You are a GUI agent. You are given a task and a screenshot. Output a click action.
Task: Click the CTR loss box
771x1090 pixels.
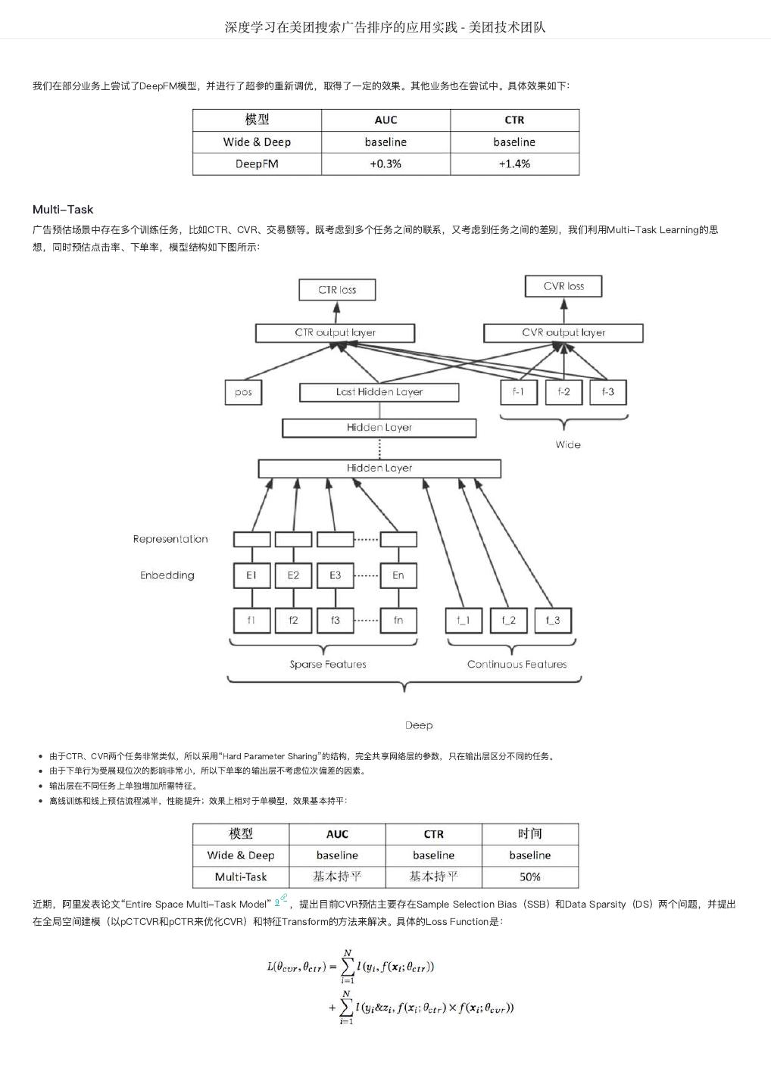tap(337, 290)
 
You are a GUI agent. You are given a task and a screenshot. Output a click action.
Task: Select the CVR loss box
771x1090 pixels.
tap(563, 286)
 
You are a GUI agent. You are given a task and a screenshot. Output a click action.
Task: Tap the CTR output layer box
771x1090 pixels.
tap(335, 332)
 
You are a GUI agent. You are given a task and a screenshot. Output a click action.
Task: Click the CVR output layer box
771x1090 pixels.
tap(563, 332)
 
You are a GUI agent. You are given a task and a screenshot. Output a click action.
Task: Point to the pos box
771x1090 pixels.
tap(243, 392)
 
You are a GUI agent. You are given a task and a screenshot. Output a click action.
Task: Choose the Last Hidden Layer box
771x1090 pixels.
tap(379, 392)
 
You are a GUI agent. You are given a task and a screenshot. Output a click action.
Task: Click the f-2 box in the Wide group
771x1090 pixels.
tap(563, 392)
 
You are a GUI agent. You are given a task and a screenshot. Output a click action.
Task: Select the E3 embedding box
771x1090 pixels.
tap(335, 575)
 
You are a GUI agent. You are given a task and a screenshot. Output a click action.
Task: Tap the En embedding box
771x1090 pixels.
tap(398, 575)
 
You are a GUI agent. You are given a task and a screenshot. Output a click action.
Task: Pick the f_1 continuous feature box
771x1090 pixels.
tap(464, 620)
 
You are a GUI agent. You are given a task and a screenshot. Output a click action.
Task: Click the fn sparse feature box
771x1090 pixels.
tap(398, 620)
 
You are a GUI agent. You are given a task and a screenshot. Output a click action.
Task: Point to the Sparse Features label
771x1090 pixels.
tap(328, 665)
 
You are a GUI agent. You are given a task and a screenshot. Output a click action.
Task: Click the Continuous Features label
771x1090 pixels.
tap(517, 665)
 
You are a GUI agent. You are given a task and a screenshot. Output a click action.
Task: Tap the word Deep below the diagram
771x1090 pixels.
tap(418, 725)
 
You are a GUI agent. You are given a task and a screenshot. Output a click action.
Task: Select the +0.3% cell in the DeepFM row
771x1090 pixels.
tap(385, 163)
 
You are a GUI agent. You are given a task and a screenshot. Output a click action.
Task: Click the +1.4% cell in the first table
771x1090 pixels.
tap(514, 163)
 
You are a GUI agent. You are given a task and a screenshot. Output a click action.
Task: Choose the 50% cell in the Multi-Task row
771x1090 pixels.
tap(529, 877)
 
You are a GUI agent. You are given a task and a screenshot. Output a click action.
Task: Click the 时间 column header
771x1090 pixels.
tap(529, 833)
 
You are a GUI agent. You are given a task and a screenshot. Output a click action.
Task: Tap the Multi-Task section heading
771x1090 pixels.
tap(63, 210)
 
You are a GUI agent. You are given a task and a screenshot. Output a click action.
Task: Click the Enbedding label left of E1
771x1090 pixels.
tap(167, 575)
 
